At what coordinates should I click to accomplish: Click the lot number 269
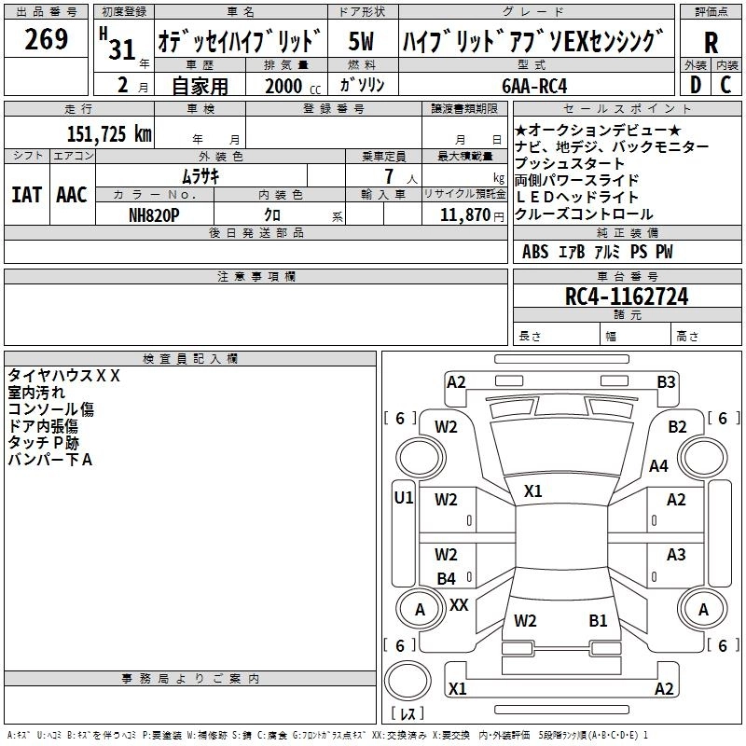click(46, 39)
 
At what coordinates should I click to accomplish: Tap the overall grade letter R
click(711, 43)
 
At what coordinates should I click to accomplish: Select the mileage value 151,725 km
click(109, 133)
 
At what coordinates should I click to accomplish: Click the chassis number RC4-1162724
click(627, 297)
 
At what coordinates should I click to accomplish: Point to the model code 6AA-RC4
click(534, 86)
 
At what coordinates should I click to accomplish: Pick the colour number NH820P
click(154, 215)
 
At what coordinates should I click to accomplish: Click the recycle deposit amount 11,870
click(464, 215)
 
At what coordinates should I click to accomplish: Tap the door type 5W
click(361, 41)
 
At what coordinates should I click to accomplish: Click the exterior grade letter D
click(696, 85)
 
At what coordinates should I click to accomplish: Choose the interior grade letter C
click(725, 85)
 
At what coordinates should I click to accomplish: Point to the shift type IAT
click(26, 195)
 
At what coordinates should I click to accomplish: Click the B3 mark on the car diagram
click(666, 382)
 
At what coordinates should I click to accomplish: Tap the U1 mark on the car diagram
click(404, 498)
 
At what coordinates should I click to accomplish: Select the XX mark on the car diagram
click(459, 605)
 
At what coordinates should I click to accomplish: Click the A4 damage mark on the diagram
click(658, 465)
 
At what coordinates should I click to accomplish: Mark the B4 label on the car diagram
click(447, 578)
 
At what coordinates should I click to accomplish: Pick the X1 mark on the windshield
click(532, 491)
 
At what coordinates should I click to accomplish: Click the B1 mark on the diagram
click(598, 621)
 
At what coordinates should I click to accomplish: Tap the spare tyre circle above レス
click(408, 681)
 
